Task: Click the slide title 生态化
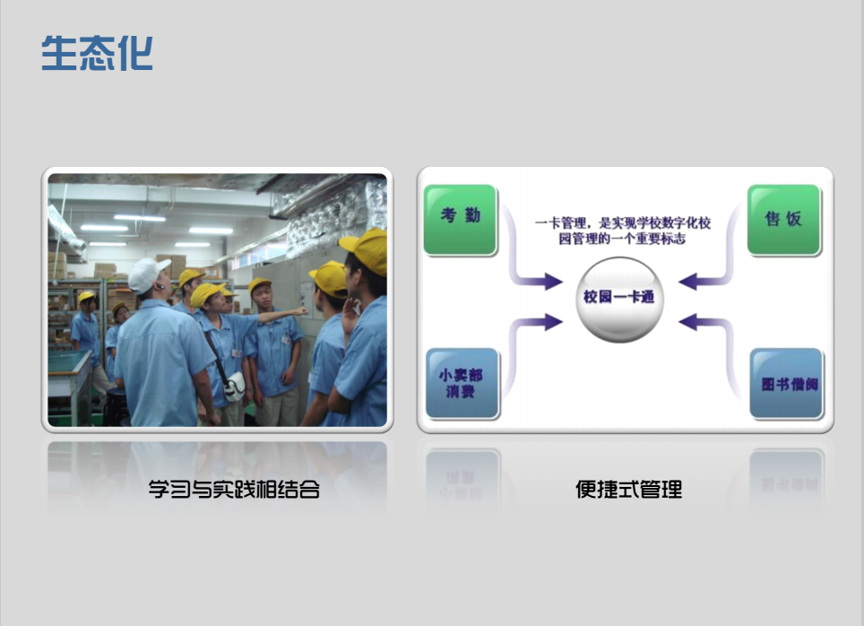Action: tap(97, 53)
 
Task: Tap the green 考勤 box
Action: tap(461, 220)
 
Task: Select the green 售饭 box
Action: tap(784, 220)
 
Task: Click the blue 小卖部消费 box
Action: tap(462, 383)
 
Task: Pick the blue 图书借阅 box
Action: tap(787, 383)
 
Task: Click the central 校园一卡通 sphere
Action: tap(618, 300)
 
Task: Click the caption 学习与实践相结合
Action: tap(234, 489)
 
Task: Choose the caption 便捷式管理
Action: tap(628, 489)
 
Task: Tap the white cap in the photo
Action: tap(148, 274)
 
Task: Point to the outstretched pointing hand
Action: tap(300, 311)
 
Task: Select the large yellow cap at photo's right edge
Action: tap(365, 249)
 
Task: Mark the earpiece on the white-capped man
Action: tap(160, 287)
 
